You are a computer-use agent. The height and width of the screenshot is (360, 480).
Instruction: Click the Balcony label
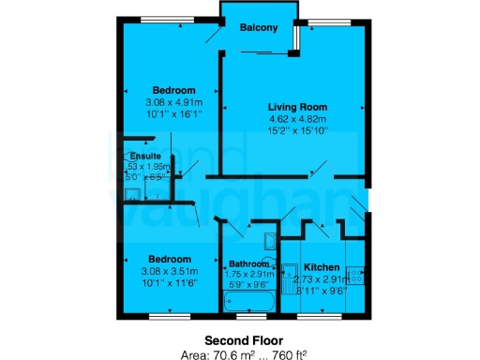(259, 28)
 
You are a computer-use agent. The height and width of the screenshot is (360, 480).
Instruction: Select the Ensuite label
(144, 156)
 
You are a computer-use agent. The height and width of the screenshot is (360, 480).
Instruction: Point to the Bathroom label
(248, 263)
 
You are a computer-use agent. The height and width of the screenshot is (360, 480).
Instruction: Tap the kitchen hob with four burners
(355, 275)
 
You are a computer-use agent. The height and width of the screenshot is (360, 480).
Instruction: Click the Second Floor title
(240, 339)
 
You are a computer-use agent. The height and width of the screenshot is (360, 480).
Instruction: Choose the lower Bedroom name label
(170, 259)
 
